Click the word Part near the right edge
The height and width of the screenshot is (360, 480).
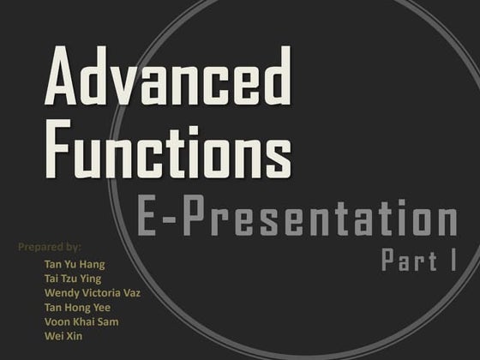click(408, 261)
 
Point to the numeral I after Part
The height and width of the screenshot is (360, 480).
click(451, 261)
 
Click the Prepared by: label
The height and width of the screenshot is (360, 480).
click(50, 247)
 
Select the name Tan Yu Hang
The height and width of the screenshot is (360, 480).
click(75, 264)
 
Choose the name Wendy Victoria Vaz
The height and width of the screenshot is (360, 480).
click(93, 293)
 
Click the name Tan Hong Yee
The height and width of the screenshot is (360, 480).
click(77, 307)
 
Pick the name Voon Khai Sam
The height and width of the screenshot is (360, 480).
click(81, 321)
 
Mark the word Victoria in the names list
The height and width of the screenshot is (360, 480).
click(99, 293)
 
